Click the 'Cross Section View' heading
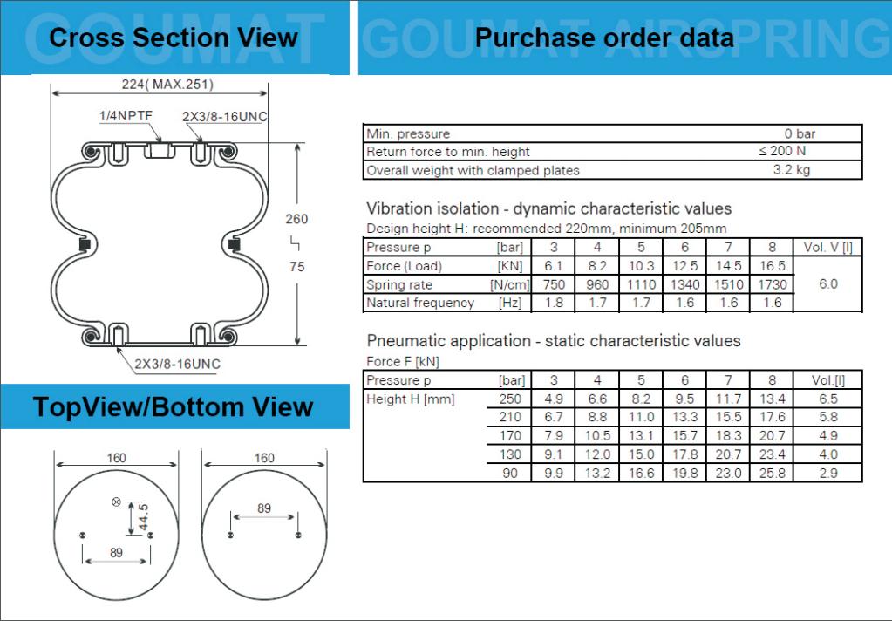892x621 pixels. [x=174, y=38]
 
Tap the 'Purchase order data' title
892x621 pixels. [x=604, y=38]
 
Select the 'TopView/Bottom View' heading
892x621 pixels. [x=174, y=407]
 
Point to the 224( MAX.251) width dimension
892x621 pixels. [x=167, y=85]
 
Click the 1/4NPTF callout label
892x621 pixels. [x=126, y=115]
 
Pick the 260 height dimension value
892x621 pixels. [x=296, y=219]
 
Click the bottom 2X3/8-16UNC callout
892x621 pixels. [x=178, y=365]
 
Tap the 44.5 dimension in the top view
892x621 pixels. [x=143, y=517]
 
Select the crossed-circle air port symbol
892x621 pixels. [x=116, y=502]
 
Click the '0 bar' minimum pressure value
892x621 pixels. [x=800, y=133]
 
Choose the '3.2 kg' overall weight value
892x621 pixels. [x=792, y=169]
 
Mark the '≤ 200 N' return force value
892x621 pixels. [x=782, y=151]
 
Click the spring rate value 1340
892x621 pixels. [x=685, y=284]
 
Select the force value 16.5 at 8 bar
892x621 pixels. [x=773, y=266]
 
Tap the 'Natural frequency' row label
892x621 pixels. [x=420, y=303]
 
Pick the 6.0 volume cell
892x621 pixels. [x=828, y=284]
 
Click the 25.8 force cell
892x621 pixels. [x=773, y=473]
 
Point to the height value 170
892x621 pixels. [x=510, y=435]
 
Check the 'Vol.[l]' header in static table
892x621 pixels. [x=828, y=380]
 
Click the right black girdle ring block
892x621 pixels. [x=234, y=245]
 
